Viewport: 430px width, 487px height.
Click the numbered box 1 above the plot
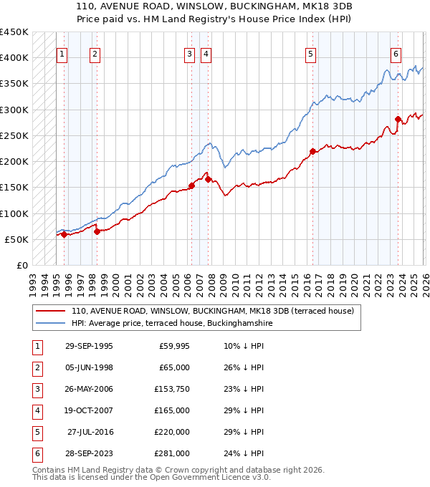click(x=62, y=53)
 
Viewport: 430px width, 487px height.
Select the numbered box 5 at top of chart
click(x=310, y=53)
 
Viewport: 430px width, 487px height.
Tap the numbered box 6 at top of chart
click(x=396, y=53)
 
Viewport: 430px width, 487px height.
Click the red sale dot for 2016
click(x=312, y=151)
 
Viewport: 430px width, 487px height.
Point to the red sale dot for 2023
click(x=398, y=119)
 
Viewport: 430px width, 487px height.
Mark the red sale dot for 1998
click(x=97, y=231)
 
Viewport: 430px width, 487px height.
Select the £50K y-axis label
click(x=17, y=239)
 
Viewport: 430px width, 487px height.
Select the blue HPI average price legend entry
click(x=172, y=324)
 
